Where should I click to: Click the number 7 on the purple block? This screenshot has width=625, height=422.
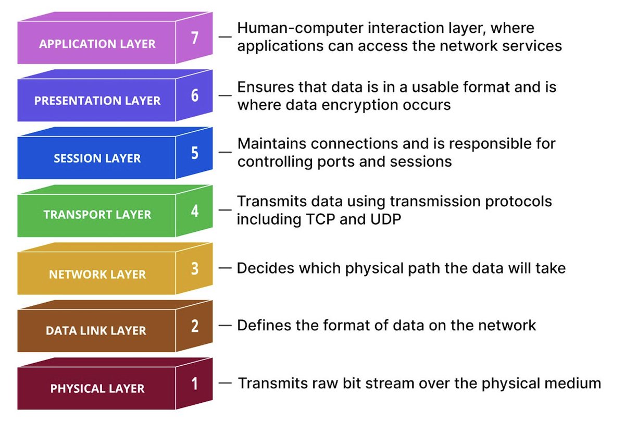coord(194,39)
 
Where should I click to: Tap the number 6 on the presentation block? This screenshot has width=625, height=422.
coord(194,97)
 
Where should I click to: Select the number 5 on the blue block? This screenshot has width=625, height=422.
coord(194,154)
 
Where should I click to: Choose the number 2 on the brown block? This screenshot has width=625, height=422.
coord(194,327)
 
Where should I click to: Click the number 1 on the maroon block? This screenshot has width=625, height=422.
coord(194,384)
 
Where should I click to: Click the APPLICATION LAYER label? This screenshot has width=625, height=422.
coord(97,43)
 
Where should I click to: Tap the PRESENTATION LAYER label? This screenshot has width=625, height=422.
coord(97,101)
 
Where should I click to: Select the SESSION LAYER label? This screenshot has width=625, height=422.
coord(97,158)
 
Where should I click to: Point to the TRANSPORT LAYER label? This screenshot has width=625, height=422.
coord(97,215)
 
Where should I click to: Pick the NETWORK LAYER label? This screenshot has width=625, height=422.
coord(97,274)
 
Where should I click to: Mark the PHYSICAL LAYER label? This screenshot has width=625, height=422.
coord(97,389)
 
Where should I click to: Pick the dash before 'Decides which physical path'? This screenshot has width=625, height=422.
coord(225,268)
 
